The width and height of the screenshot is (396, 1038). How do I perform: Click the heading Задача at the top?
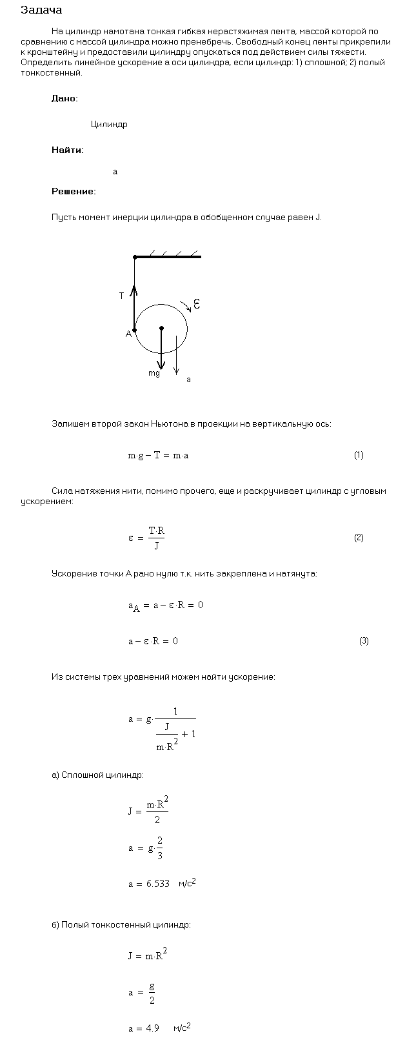pos(41,10)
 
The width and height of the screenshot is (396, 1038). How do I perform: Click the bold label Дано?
pos(64,98)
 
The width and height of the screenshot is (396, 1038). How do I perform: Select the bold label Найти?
pos(67,150)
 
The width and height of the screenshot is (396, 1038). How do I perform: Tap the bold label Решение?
pos(74,191)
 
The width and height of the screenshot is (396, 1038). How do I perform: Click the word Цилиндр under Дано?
pos(109,125)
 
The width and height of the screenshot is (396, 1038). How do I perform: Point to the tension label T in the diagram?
pos(121,296)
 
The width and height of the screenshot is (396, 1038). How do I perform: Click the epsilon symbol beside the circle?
pos(197,303)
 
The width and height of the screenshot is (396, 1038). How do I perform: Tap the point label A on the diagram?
pos(128,334)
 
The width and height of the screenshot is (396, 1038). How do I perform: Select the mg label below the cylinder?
pos(154,373)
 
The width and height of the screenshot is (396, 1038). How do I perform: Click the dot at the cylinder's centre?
pos(161,328)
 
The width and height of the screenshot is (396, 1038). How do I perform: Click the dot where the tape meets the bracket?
pos(135,257)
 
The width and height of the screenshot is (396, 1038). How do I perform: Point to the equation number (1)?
pos(359,455)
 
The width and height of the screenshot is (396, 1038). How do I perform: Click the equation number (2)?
pos(359,538)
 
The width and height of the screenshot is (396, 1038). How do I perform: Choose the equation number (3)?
pos(364,641)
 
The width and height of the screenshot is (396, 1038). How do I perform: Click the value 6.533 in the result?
pos(158,884)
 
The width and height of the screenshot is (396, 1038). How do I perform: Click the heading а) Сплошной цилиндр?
pos(97,775)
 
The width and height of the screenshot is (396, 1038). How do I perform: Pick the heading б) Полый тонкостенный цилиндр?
pos(121,924)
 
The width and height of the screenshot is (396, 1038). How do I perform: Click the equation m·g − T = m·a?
pos(158,456)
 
